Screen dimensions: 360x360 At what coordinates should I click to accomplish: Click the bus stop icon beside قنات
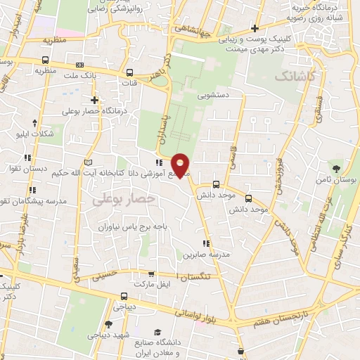pyautogui.click(x=129, y=72)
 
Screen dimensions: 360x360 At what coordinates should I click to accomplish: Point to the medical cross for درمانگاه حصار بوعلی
pyautogui.click(x=94, y=100)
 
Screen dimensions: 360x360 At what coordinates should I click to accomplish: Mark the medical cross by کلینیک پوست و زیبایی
pyautogui.click(x=255, y=29)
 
